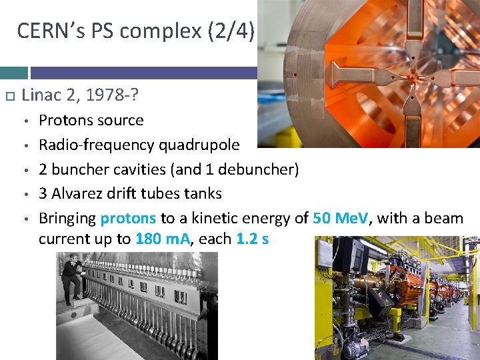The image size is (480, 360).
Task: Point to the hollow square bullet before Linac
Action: tap(9, 97)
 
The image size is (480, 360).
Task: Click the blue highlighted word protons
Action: tap(128, 219)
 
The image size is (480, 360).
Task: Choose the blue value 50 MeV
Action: tap(340, 219)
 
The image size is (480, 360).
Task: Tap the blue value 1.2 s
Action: tap(253, 239)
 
